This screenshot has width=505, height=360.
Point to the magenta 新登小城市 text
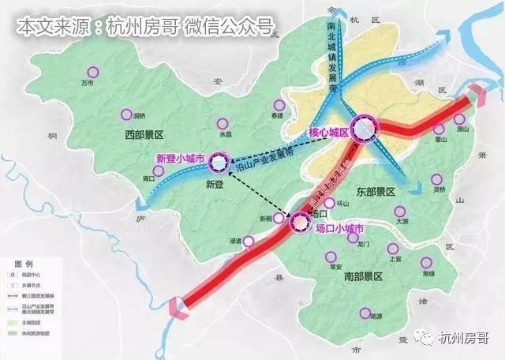181,159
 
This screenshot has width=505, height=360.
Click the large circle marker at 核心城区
365,128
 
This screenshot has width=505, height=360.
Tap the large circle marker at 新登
215,162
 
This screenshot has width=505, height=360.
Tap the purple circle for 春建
277,105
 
